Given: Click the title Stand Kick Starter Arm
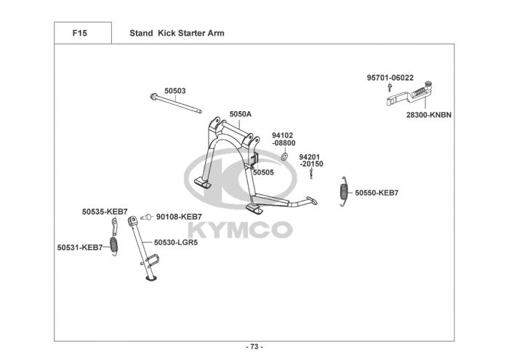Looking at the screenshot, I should tap(177, 33).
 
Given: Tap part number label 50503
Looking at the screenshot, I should tap(175, 91).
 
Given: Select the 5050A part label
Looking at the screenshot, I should tap(240, 114).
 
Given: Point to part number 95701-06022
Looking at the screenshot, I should tap(390, 78).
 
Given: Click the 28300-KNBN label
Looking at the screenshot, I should tap(429, 115).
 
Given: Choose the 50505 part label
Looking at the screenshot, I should tap(263, 172).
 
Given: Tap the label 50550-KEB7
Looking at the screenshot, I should tap(376, 193).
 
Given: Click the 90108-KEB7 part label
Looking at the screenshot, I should tap(179, 217).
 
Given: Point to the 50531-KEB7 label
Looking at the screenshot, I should tap(80, 247).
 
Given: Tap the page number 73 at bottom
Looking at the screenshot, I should tap(254, 346).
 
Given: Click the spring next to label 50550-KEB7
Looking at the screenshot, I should tap(344, 192).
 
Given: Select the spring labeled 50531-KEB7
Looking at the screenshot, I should tap(114, 244).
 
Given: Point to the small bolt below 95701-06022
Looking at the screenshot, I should tap(391, 88).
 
